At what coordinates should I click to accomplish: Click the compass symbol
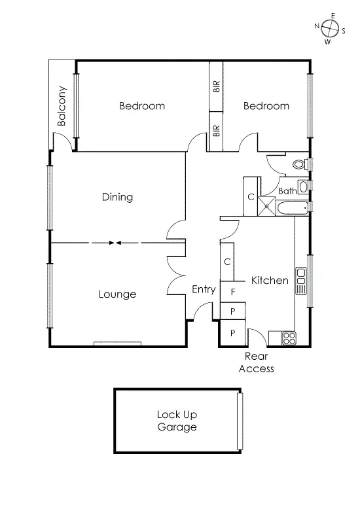coord(331,28)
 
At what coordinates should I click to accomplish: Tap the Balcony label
coord(62,106)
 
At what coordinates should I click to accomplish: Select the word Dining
coord(118,197)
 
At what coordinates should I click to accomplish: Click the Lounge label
coord(118,294)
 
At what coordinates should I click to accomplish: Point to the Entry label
coord(204,289)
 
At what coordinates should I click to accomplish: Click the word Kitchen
coord(270,280)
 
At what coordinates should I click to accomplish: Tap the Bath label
coord(287,191)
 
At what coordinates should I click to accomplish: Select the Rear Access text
coord(256,362)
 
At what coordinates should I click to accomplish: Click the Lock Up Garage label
coord(177,421)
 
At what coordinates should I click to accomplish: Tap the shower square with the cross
coord(267,206)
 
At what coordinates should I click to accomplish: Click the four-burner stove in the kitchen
coord(288,338)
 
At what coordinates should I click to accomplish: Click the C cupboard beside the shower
coord(251,196)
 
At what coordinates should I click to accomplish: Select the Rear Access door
coord(257,336)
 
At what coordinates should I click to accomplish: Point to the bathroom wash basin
coord(303,187)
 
